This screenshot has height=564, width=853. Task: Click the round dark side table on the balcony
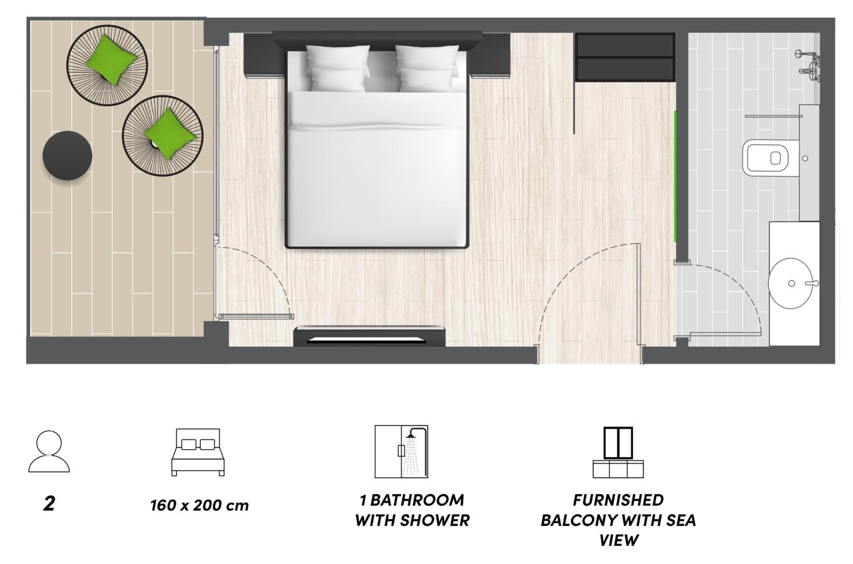[67, 155]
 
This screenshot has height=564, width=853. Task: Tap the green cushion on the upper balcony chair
[111, 60]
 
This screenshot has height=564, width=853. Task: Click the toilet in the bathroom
[771, 158]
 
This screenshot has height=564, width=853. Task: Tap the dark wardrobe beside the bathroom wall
[625, 57]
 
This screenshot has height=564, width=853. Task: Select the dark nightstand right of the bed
[490, 55]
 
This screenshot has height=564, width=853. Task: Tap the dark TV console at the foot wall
[369, 336]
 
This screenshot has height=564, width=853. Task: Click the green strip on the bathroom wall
[675, 176]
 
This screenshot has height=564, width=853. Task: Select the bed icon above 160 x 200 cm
[198, 452]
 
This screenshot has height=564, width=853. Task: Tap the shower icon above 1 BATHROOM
[401, 452]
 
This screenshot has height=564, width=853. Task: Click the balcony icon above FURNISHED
[618, 452]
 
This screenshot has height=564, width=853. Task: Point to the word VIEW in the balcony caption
[619, 540]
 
